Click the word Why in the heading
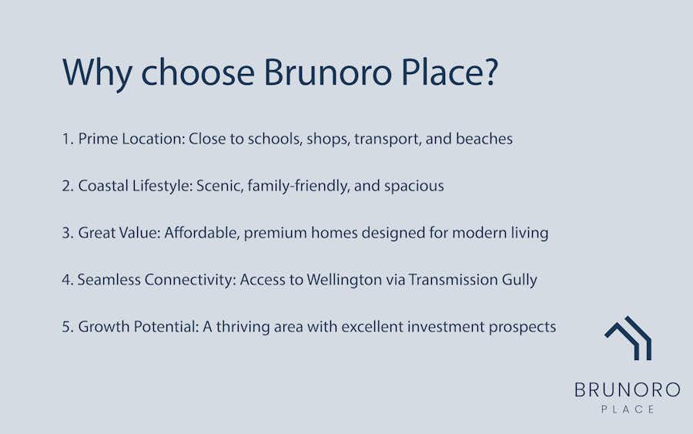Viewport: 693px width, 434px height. point(97,72)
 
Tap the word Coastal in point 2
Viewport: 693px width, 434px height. point(103,186)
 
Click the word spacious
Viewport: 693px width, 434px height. point(413,187)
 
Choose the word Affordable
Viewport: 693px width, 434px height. point(202,233)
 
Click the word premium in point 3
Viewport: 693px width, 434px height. point(276,234)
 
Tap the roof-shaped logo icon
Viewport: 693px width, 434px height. point(628,338)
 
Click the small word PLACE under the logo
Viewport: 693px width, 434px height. point(628,409)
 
